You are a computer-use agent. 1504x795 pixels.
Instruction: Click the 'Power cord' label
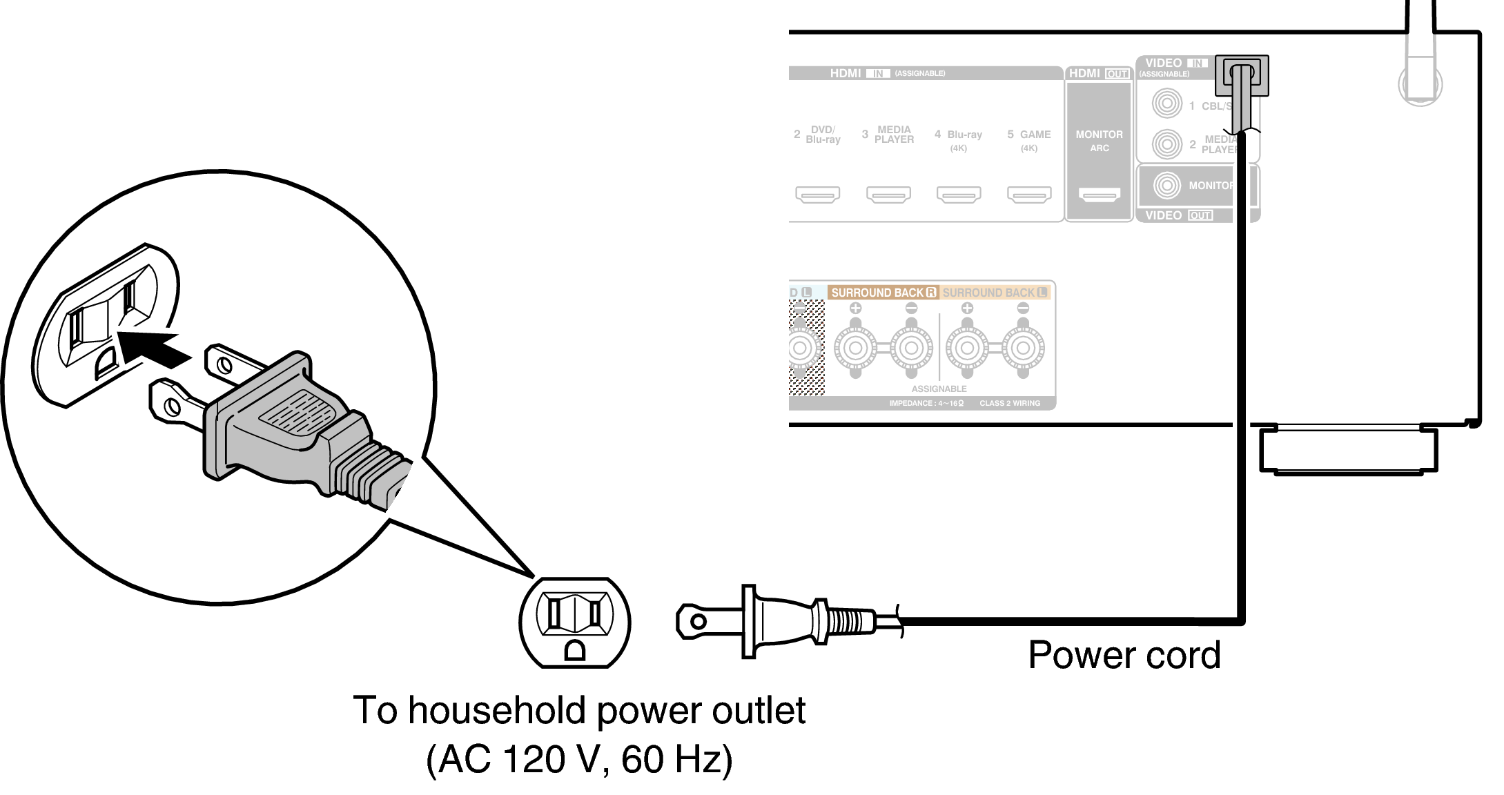(1124, 655)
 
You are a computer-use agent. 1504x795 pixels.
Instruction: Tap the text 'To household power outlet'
(578, 710)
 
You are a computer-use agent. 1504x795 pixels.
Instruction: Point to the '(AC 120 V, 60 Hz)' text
(578, 759)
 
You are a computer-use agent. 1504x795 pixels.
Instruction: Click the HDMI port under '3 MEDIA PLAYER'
(888, 195)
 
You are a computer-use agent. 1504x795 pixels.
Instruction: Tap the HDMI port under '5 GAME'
(1029, 195)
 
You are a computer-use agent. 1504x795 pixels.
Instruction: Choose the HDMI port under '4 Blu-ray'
(959, 195)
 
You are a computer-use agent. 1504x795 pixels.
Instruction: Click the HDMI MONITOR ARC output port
(1100, 195)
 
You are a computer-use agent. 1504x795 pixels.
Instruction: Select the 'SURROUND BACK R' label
(883, 293)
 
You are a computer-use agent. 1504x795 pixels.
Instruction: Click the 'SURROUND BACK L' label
(995, 293)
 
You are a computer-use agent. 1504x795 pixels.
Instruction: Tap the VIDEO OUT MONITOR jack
(1167, 185)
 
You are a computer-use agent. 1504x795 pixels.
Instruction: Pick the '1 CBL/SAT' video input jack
(1166, 104)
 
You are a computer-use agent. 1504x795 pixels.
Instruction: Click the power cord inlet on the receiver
(1241, 75)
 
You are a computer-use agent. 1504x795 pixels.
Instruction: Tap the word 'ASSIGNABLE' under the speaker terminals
(939, 389)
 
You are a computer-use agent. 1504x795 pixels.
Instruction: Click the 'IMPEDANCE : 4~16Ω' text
(926, 403)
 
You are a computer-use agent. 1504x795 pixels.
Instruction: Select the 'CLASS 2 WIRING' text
(1009, 403)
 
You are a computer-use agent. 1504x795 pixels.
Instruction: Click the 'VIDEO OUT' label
(1178, 215)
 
